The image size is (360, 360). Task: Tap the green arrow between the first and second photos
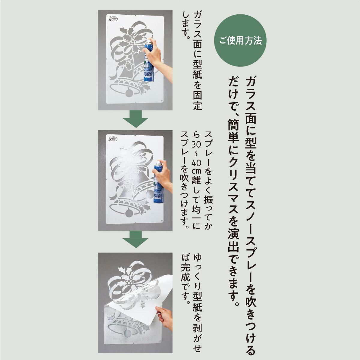click(136, 119)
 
